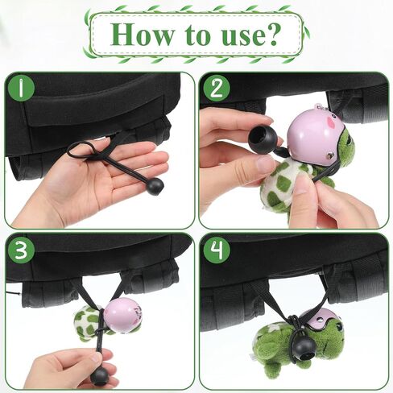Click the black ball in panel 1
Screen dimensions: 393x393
[154, 187]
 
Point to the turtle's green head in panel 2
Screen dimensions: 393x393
[345, 149]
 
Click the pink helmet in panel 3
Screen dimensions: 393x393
[122, 314]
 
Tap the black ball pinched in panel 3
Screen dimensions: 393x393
[100, 375]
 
